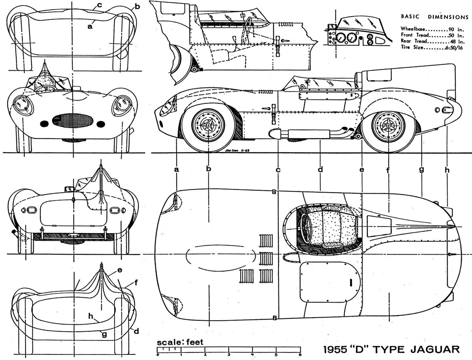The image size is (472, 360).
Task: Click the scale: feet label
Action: tap(180, 342)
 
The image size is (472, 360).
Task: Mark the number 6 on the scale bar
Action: tap(300, 354)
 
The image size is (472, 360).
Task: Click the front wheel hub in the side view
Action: tap(207, 125)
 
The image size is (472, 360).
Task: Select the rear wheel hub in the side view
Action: tap(388, 125)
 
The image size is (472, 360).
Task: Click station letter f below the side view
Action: tap(388, 170)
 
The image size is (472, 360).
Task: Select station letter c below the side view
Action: tap(278, 170)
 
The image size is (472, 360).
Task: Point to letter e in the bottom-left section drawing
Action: tap(119, 271)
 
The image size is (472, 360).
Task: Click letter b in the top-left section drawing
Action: tap(137, 7)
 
